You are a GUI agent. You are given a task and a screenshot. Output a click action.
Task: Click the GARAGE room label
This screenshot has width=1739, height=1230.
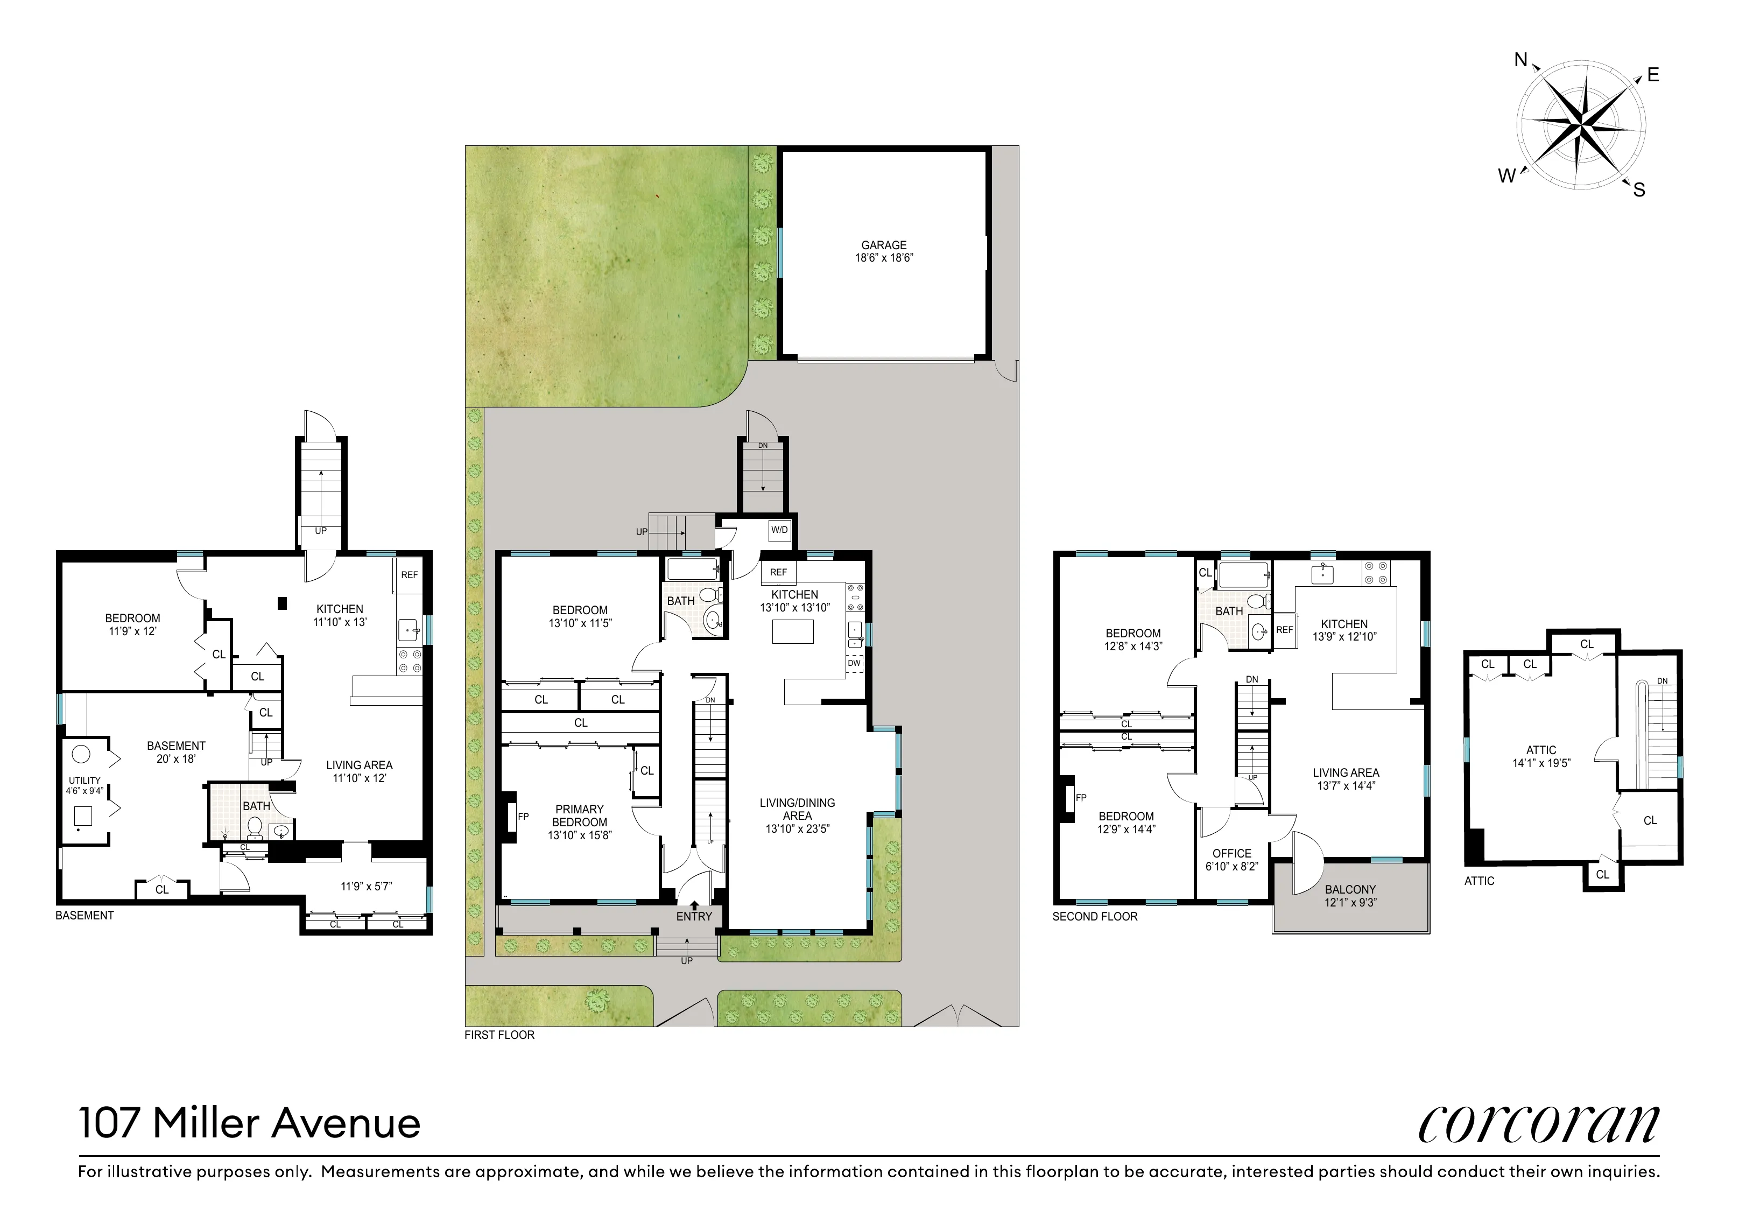point(884,251)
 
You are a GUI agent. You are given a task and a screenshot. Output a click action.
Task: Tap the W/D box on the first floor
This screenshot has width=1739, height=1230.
point(779,530)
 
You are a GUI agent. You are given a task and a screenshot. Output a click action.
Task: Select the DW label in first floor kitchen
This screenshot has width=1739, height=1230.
point(854,663)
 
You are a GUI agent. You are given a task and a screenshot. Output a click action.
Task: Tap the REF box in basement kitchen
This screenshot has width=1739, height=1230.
point(409,575)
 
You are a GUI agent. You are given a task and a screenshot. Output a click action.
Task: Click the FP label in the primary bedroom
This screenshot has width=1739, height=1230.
point(523,817)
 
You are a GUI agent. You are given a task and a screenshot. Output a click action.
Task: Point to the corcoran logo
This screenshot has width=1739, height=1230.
point(1538,1124)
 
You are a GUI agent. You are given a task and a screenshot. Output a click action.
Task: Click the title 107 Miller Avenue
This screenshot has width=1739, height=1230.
point(249,1123)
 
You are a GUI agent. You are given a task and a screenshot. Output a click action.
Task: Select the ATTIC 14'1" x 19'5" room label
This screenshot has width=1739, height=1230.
point(1541,756)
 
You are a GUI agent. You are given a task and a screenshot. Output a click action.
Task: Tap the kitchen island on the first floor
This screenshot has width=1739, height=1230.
point(792,631)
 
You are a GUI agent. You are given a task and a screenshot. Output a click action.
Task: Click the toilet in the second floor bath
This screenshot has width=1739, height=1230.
point(1257,603)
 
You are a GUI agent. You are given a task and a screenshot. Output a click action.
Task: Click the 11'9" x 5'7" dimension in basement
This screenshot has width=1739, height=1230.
point(366,886)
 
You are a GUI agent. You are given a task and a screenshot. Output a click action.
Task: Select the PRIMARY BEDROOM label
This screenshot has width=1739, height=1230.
point(580,822)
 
